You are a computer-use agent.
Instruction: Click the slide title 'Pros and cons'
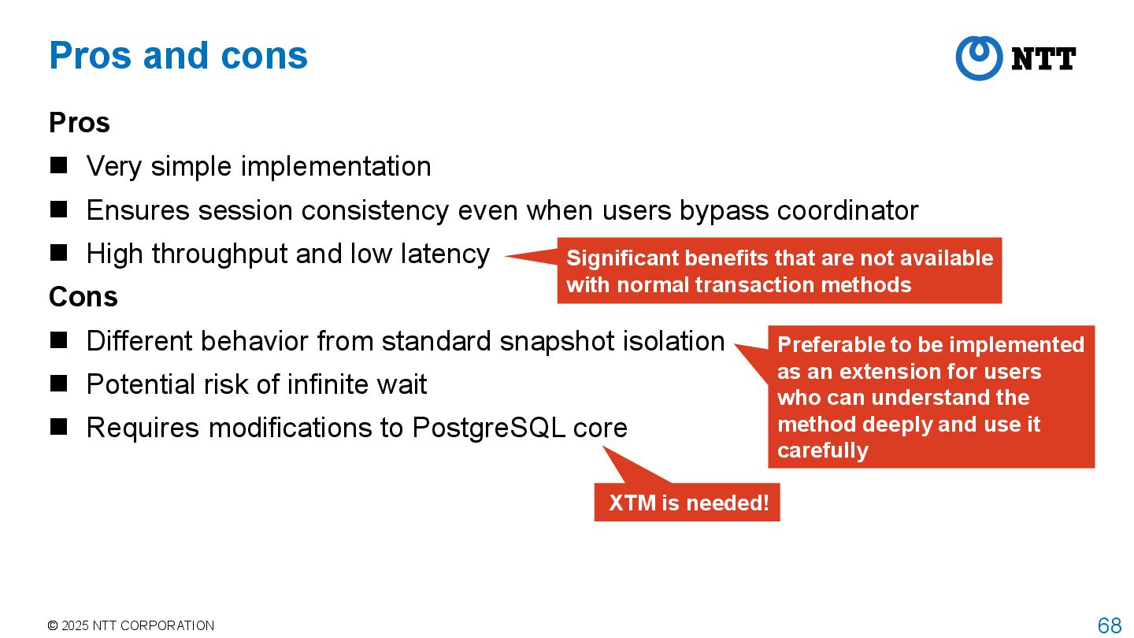[x=178, y=55]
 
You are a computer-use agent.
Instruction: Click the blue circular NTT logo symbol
[x=979, y=58]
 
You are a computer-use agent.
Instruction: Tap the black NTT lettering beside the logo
[x=1043, y=59]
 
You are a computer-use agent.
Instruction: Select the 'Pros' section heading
[x=80, y=123]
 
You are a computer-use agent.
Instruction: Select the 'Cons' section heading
[x=83, y=297]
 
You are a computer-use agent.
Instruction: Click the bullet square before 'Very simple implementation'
[x=59, y=165]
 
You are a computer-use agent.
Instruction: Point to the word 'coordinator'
[x=847, y=210]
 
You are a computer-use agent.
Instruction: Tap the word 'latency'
[x=445, y=254]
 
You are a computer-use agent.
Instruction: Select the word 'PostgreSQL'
[x=488, y=428]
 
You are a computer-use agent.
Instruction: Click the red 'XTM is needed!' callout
[x=687, y=503]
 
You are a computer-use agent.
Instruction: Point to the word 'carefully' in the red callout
[x=823, y=451]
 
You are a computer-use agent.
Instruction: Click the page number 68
[x=1109, y=625]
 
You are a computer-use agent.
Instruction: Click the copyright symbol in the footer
[x=53, y=626]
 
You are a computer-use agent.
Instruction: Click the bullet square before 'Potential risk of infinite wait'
[x=59, y=384]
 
